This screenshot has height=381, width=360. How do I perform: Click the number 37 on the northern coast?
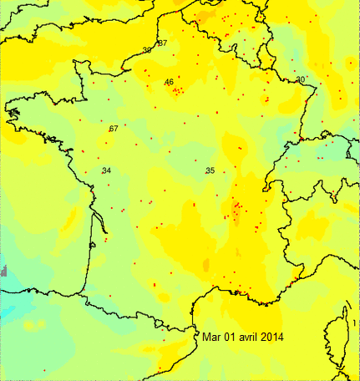pyautogui.click(x=162, y=43)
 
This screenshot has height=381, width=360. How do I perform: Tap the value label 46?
pyautogui.click(x=169, y=82)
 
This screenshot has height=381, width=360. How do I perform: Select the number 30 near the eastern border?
pyautogui.click(x=301, y=79)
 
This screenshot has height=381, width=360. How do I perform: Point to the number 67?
pyautogui.click(x=114, y=129)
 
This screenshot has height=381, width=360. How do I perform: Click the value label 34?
pyautogui.click(x=106, y=170)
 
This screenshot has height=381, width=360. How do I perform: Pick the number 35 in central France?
pyautogui.click(x=210, y=170)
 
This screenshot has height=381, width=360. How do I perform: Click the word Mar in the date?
pyautogui.click(x=211, y=337)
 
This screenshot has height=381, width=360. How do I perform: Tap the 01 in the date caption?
pyautogui.click(x=233, y=337)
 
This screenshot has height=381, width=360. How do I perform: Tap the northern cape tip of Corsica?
pyautogui.click(x=345, y=307)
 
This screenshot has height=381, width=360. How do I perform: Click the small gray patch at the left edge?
pyautogui.click(x=3, y=271)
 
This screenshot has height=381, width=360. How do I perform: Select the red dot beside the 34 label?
pyautogui.click(x=101, y=172)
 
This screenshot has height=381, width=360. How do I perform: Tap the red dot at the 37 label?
pyautogui.click(x=157, y=43)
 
